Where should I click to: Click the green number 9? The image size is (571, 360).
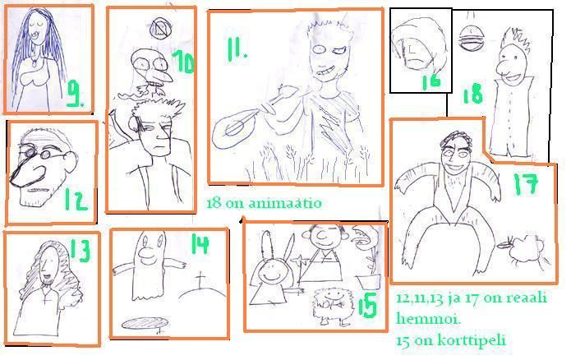tap(76, 94)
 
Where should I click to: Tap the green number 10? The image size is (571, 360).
tap(183, 62)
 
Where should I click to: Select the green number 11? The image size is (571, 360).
tap(236, 49)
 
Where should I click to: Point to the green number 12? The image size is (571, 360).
tap(76, 199)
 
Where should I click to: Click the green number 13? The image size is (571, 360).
tap(81, 251)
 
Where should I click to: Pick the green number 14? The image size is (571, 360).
tap(200, 244)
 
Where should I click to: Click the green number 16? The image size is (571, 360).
tap(431, 81)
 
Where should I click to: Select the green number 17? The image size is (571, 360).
tap(526, 183)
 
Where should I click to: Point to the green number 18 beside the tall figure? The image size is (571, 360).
tap(472, 94)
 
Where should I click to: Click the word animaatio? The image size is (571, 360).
tap(285, 203)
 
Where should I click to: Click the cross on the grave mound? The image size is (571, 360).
tap(200, 280)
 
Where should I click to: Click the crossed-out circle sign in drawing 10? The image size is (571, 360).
tap(161, 29)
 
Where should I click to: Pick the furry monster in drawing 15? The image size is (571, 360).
tap(332, 306)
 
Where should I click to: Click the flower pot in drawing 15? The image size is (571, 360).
tap(369, 282)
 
